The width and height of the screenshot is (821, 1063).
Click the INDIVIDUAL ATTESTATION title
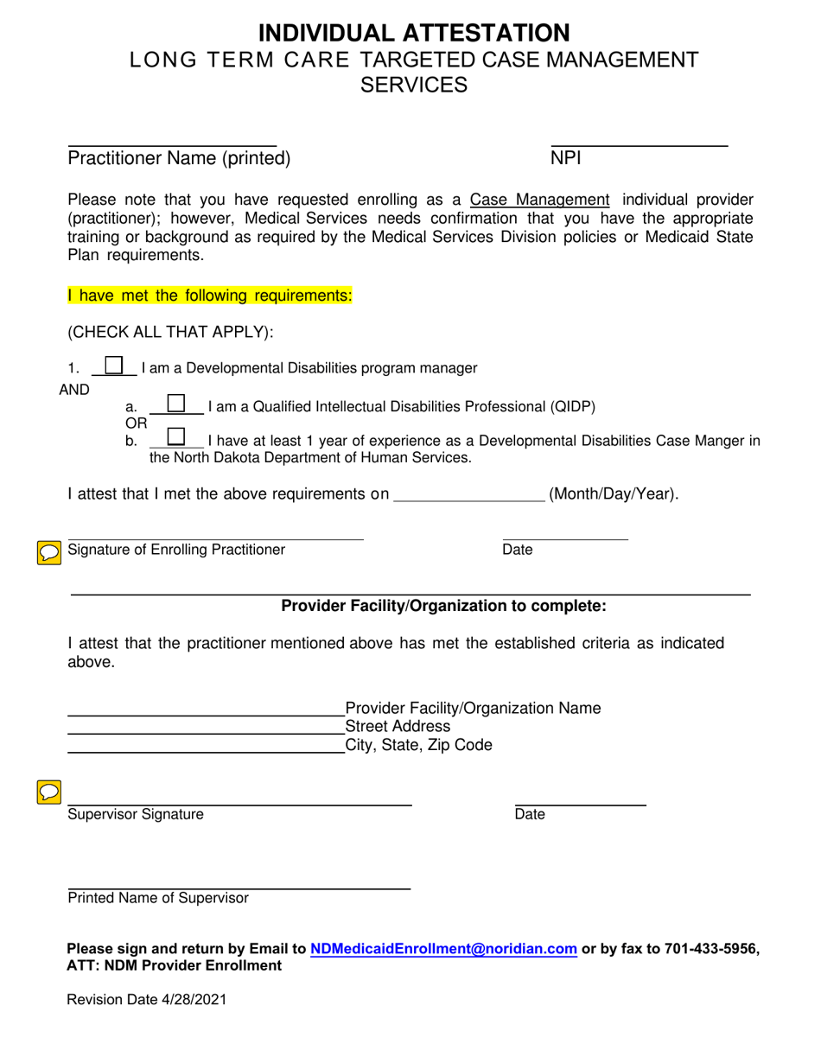click(414, 33)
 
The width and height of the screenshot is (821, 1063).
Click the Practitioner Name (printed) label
click(179, 158)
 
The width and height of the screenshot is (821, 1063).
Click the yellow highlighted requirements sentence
click(210, 296)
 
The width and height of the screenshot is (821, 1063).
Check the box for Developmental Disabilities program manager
click(114, 366)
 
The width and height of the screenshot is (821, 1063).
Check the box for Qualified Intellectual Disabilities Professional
click(175, 404)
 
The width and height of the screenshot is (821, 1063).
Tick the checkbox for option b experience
click(175, 436)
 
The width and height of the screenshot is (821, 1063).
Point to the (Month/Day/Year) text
click(614, 494)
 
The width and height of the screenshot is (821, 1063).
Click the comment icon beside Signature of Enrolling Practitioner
click(49, 552)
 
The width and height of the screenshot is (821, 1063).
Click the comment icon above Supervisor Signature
click(49, 790)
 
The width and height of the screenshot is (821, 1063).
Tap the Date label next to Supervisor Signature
click(530, 814)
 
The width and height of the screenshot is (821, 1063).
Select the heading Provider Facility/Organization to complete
click(443, 607)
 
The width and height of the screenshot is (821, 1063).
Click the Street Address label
click(398, 726)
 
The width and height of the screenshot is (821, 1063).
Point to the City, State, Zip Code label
click(418, 745)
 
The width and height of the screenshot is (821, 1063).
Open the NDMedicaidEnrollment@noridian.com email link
click(443, 949)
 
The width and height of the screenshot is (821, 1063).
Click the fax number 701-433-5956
click(712, 949)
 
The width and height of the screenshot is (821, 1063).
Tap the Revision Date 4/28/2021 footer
click(148, 999)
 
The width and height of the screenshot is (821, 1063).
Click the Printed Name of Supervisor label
click(158, 898)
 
